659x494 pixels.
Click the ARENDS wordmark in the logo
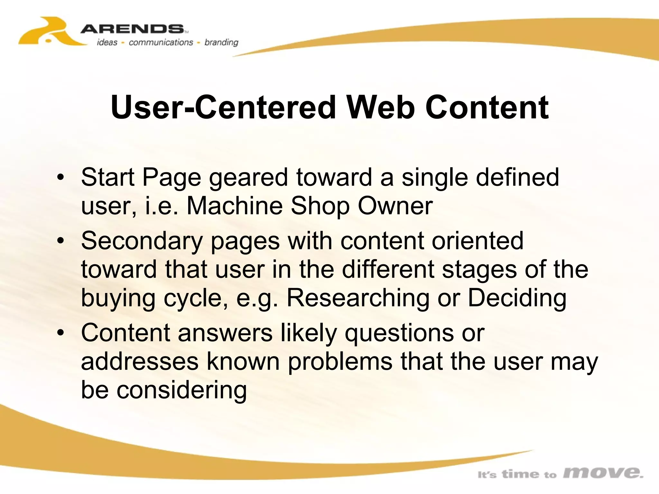point(132,29)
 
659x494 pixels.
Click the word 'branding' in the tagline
point(221,42)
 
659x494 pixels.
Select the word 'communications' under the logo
point(161,42)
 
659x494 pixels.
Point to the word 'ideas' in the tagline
point(107,42)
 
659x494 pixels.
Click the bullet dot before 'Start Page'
point(60,178)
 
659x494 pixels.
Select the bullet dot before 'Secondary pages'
point(60,241)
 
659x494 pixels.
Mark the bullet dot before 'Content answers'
point(60,333)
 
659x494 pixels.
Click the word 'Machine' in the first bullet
point(235,206)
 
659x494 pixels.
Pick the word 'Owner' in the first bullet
point(395,206)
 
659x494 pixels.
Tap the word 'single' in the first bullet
point(435,178)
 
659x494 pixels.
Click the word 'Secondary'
point(142,241)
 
